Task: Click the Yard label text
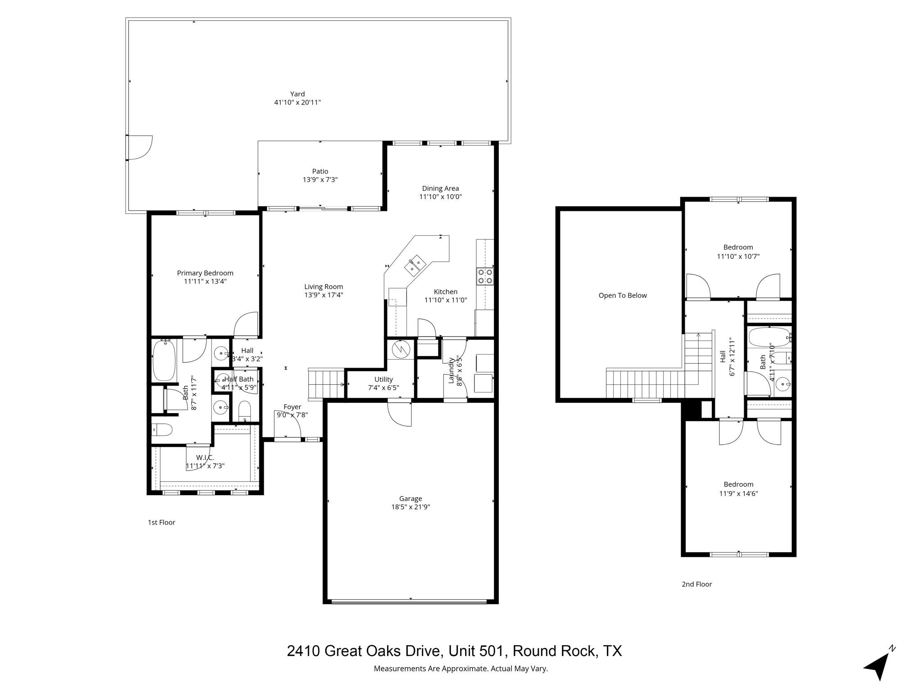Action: [297, 94]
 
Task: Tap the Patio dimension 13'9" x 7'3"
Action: [320, 180]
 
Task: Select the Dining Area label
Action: [440, 188]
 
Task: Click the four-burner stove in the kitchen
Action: [485, 276]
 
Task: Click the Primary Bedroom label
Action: [205, 273]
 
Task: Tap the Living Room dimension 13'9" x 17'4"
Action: [324, 295]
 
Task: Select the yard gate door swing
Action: [140, 148]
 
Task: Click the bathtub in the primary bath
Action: [164, 360]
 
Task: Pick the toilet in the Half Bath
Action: [244, 410]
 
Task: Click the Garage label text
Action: [410, 499]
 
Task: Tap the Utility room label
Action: [384, 379]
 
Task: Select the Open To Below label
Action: [622, 296]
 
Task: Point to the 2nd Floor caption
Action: [696, 584]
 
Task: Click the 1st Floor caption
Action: [161, 523]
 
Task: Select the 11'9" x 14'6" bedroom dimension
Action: [738, 493]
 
